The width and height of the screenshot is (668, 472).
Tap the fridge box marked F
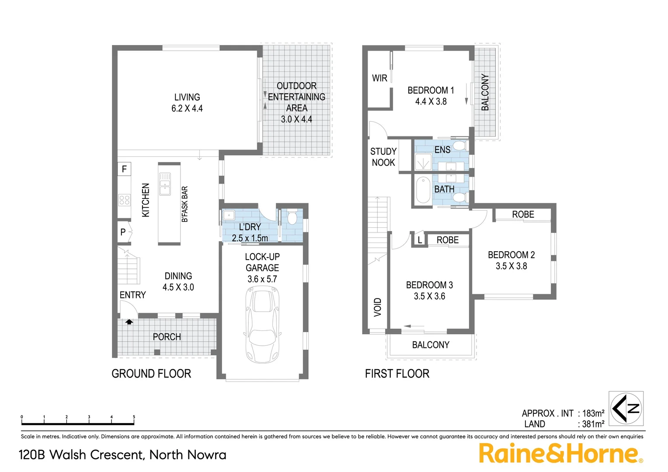(124, 169)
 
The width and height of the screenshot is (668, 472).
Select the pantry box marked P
(123, 232)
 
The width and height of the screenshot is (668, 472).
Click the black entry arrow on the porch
(129, 322)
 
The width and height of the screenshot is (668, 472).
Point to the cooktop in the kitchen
(124, 200)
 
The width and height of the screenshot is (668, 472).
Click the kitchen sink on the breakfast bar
(165, 184)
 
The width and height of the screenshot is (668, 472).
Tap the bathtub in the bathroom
(423, 190)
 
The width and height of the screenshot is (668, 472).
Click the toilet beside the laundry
(292, 218)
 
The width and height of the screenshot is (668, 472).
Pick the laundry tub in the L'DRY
(229, 215)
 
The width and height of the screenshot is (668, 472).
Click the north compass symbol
(626, 409)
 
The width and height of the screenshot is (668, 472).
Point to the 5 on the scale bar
(134, 417)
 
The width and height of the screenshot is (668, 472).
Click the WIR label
(379, 78)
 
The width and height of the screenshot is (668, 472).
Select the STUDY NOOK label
(383, 157)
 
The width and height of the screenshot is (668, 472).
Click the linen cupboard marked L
(420, 240)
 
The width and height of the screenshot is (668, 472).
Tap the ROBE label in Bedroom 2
(523, 215)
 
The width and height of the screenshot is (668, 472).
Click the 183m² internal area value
(593, 413)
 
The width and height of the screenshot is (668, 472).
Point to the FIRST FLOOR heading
(397, 374)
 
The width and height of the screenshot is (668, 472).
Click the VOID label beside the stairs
(378, 307)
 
